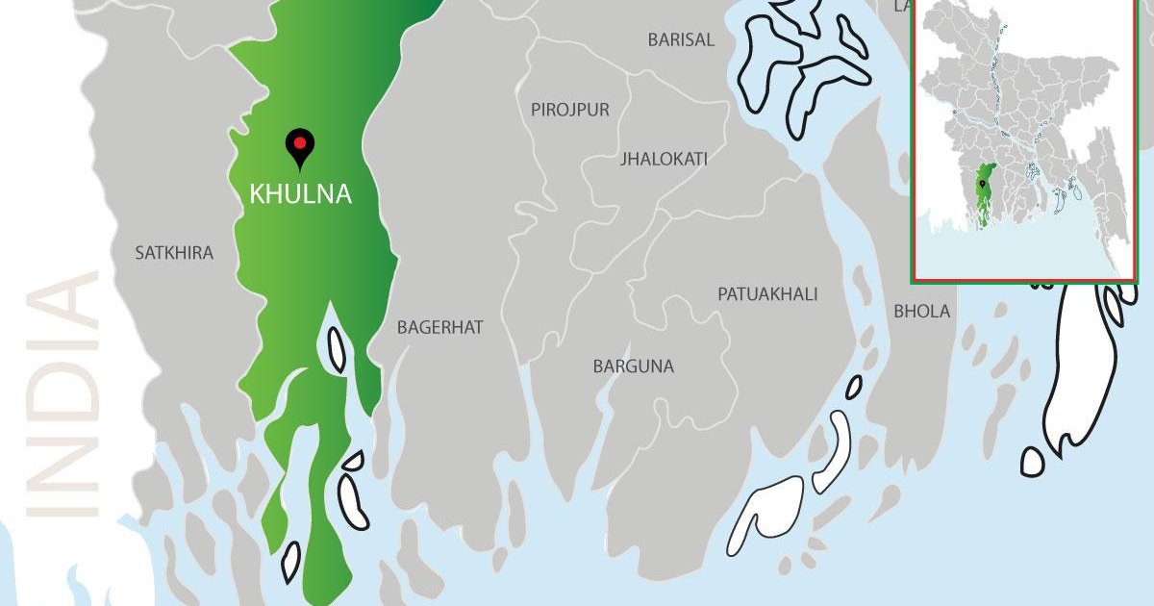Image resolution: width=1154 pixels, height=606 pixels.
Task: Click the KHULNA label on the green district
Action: tap(300, 194)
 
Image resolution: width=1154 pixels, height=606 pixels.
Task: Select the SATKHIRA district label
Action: tap(174, 253)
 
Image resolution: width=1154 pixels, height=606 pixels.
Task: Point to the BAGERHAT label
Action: tap(440, 327)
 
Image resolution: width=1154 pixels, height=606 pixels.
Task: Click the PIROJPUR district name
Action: tap(570, 110)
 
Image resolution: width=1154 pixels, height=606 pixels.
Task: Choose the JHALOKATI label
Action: tap(665, 158)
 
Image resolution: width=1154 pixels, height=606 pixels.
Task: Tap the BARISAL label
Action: tap(681, 40)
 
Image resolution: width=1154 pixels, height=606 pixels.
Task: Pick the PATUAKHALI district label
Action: tap(767, 293)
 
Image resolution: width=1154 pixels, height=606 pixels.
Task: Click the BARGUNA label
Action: tap(634, 366)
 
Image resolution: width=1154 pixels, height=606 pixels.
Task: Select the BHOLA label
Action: tap(921, 311)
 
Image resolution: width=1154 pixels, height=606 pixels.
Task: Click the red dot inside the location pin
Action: tap(300, 143)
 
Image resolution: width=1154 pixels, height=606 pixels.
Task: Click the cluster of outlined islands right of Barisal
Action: tap(803, 63)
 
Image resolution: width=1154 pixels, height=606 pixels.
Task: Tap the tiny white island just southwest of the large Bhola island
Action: tap(1032, 461)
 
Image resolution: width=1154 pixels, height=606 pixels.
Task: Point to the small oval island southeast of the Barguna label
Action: tap(854, 387)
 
